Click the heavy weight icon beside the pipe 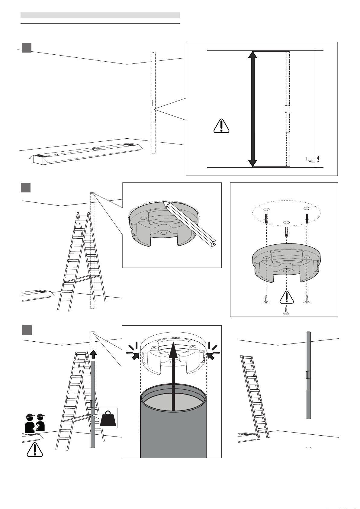pyautogui.click(x=108, y=418)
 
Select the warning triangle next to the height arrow pyautogui.click(x=221, y=126)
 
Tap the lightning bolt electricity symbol pyautogui.click(x=318, y=159)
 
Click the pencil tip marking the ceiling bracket pyautogui.click(x=164, y=201)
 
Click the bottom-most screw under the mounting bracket pyautogui.click(x=286, y=311)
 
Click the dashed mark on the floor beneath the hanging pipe pyautogui.click(x=309, y=447)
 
